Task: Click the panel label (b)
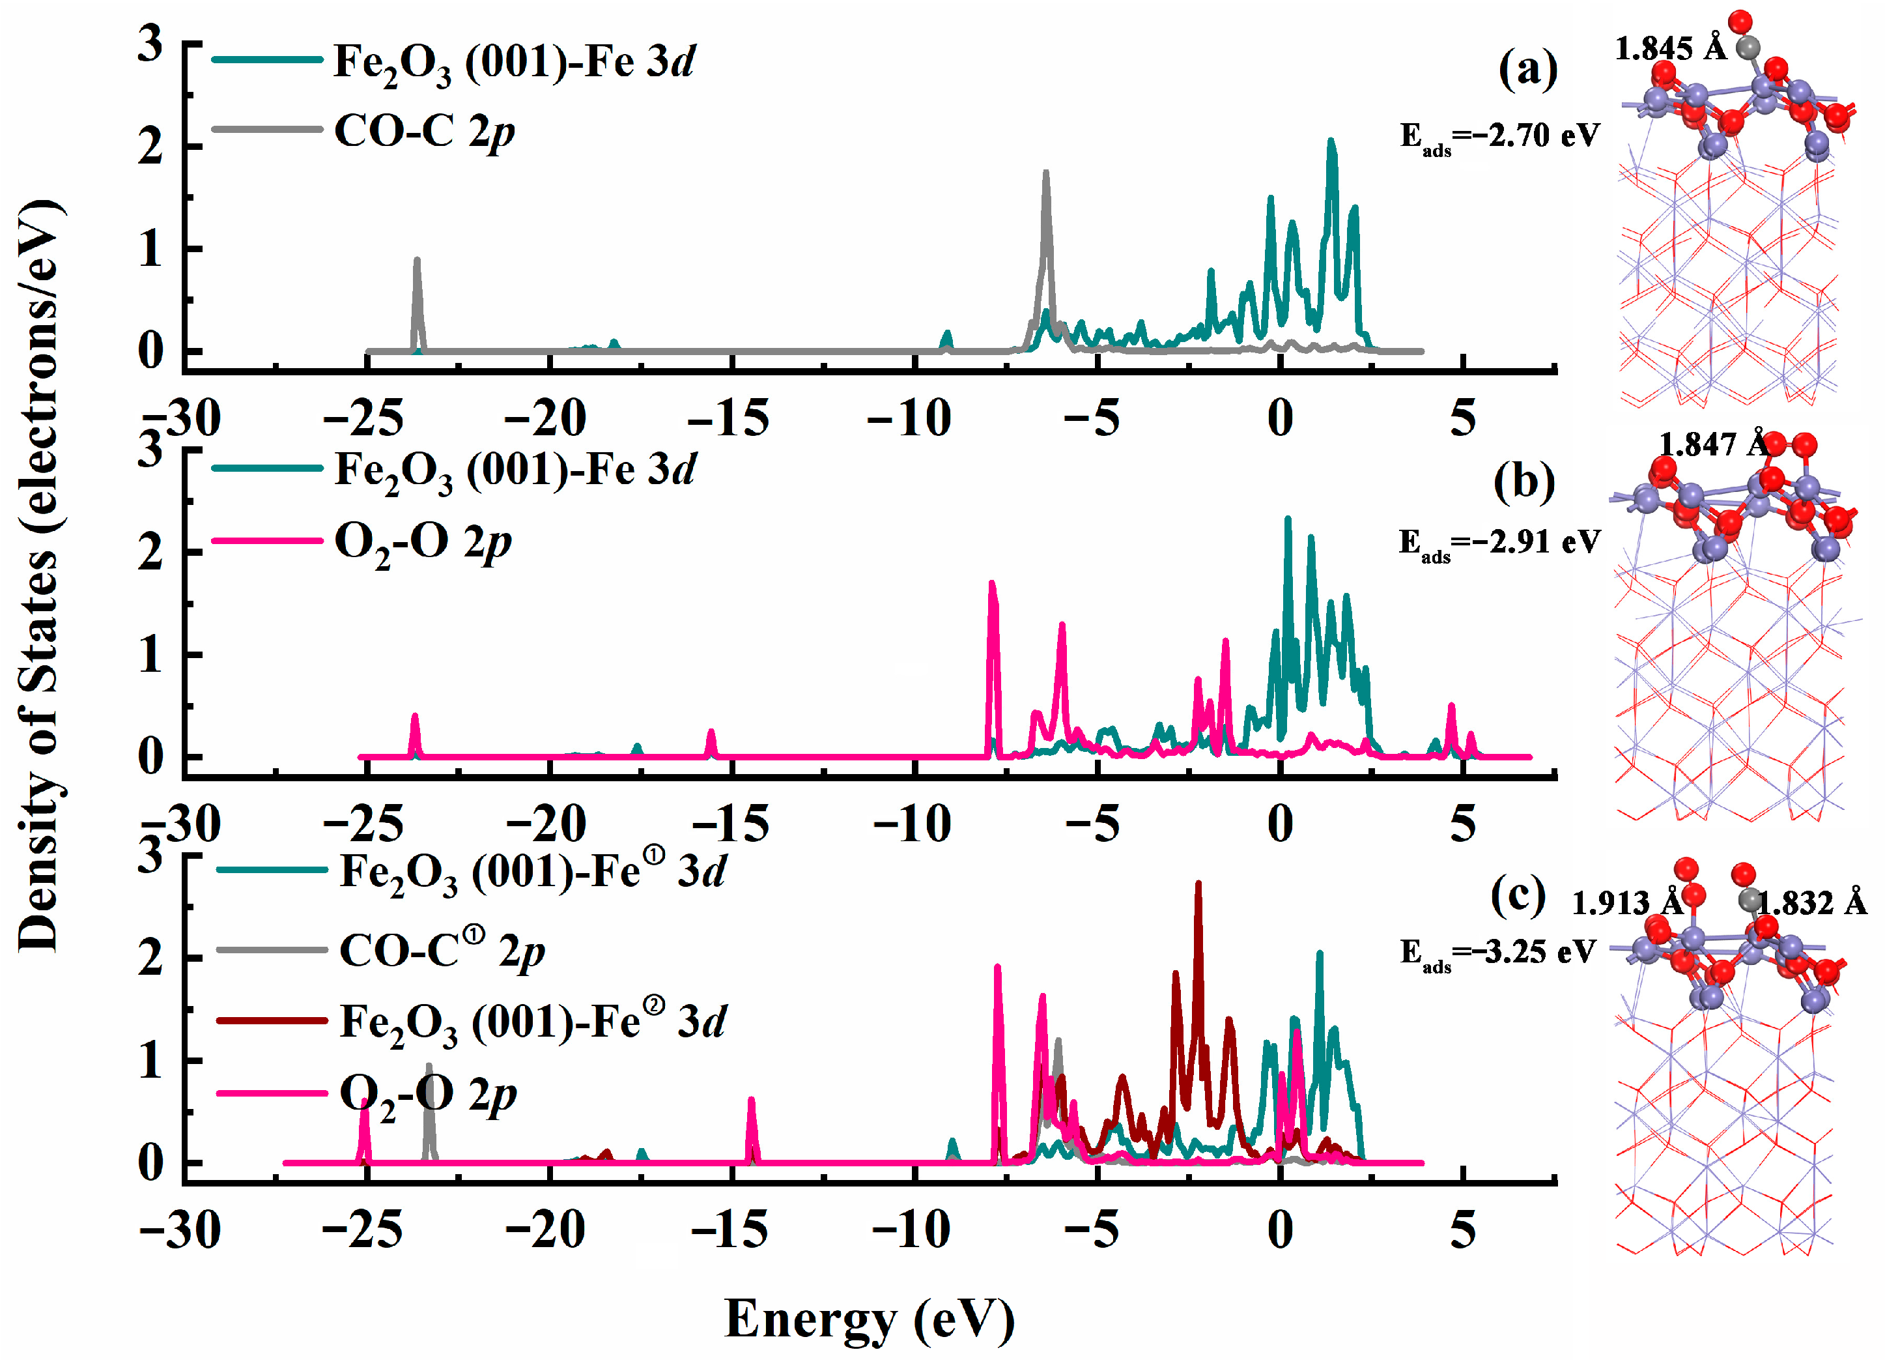coord(1524,482)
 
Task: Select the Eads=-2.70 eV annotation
coord(1499,136)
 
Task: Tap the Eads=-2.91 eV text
coord(1499,543)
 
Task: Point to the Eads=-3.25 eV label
coord(1497,952)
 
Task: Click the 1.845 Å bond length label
coord(1670,48)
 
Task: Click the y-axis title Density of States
coord(39,574)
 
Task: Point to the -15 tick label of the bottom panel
coord(730,1231)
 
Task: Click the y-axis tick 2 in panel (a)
coord(150,147)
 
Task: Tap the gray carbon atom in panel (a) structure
coord(1749,48)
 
